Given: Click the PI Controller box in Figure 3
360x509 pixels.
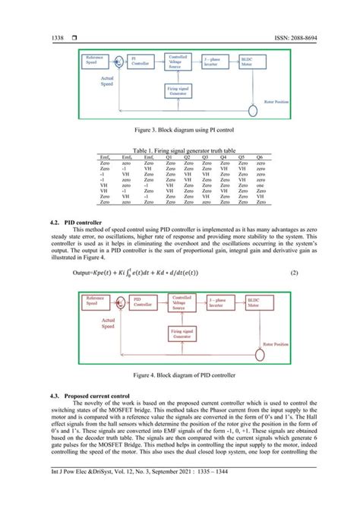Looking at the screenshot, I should tap(141, 62).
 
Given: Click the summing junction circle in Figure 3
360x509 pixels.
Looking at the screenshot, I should tap(118, 60).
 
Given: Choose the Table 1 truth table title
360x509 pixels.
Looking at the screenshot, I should tap(180, 150).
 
